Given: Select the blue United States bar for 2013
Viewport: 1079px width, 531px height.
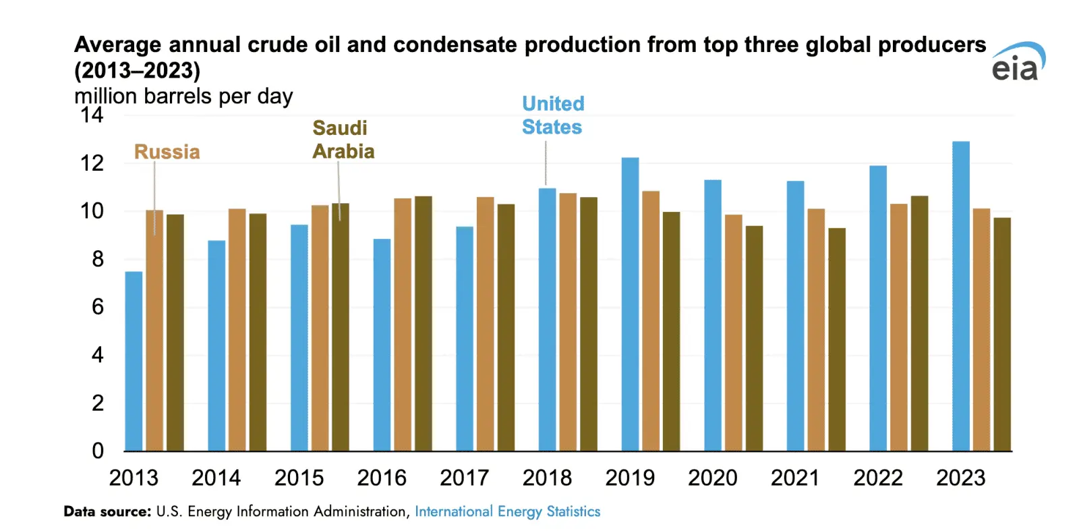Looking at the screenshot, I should click(x=134, y=361).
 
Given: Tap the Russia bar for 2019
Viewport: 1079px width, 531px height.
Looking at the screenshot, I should click(x=650, y=320).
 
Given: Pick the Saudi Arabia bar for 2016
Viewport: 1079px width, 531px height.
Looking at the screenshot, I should click(x=424, y=323).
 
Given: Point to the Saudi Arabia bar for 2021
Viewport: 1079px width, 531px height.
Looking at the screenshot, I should click(x=837, y=339).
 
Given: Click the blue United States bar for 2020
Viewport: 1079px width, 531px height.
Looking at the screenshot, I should click(x=712, y=315).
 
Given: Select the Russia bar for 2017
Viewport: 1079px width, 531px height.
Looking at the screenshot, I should click(x=485, y=324).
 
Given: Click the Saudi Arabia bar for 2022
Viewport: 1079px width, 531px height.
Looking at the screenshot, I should click(x=919, y=323).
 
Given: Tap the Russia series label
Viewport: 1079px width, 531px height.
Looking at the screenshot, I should click(x=167, y=152).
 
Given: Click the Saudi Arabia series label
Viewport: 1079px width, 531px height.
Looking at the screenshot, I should click(x=343, y=140).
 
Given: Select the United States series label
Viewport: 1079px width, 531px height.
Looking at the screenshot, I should click(x=552, y=115).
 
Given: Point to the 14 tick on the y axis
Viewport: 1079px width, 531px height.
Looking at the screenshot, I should click(x=92, y=115).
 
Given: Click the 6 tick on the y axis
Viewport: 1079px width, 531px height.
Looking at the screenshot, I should click(x=98, y=307).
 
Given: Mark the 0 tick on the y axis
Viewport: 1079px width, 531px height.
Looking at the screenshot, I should click(x=98, y=451).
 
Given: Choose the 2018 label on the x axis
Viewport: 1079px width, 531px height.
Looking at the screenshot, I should click(x=547, y=478).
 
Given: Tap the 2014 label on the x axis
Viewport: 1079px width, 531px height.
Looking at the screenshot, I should click(x=216, y=478).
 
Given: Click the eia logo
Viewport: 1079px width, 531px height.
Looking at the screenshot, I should click(x=1017, y=62).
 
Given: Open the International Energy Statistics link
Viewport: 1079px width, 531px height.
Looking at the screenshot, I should click(x=507, y=511).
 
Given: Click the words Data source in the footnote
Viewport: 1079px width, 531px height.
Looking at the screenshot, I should click(x=107, y=511).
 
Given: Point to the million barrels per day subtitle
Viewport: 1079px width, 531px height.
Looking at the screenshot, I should click(x=183, y=96).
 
